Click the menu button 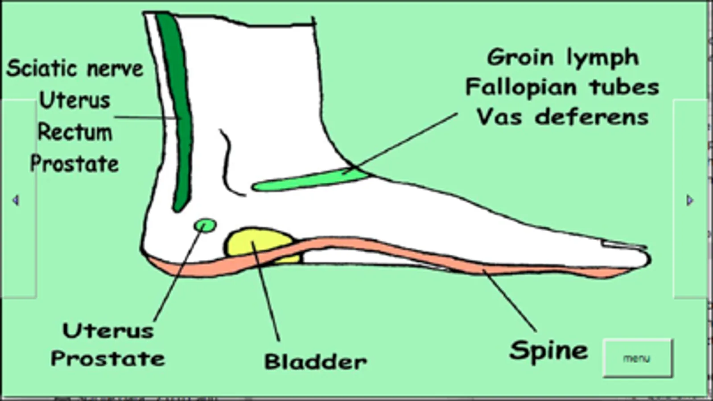(x=637, y=358)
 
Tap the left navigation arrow (x=16, y=200)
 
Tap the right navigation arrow (x=689, y=200)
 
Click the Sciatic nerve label (x=75, y=69)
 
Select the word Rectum (x=75, y=132)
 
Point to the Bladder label (x=315, y=361)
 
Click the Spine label (x=548, y=350)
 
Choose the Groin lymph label (x=563, y=57)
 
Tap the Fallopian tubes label (x=562, y=87)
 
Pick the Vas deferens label (x=562, y=117)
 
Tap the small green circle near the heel (x=205, y=225)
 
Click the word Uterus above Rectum (x=75, y=101)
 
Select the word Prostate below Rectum (x=75, y=164)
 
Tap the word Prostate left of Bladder (x=108, y=359)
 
